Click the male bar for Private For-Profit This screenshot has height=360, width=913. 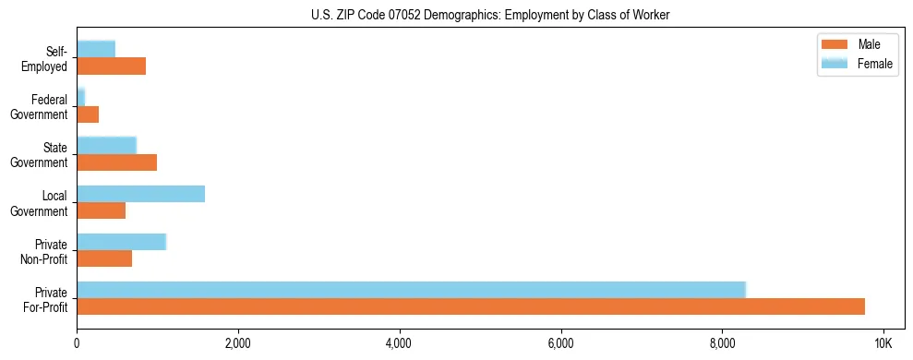pos(471,306)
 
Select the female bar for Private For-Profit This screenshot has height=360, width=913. pos(411,290)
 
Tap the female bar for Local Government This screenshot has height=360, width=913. pos(140,194)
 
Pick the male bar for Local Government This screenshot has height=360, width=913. pos(101,210)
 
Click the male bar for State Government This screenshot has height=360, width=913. pos(116,162)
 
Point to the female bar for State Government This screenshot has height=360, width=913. pos(106,146)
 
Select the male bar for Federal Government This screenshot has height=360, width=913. pos(88,114)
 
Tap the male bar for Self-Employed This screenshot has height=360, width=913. pos(111,66)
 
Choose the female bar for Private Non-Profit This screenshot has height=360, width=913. pos(121,242)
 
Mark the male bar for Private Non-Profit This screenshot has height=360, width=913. pos(104,258)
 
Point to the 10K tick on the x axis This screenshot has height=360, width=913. pos(883,343)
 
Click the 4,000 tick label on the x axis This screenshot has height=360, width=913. pos(400,343)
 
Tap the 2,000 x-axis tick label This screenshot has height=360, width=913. pos(238,343)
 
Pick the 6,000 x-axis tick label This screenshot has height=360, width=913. pos(561,343)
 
